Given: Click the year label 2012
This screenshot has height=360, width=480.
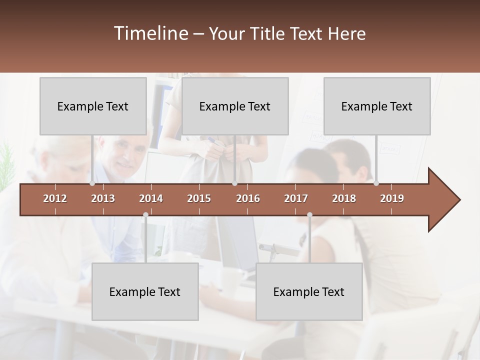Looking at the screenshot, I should [x=55, y=198].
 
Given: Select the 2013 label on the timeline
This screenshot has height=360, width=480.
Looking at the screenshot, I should [x=103, y=198].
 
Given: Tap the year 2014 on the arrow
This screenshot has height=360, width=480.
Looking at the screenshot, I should [x=151, y=198].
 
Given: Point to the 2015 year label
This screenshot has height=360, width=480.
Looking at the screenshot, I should [x=199, y=198].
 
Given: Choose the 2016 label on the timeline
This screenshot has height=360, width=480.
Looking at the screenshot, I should [x=248, y=198].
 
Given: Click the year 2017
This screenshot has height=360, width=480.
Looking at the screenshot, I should [x=296, y=198].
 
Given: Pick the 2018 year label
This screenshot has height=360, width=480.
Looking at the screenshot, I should [x=344, y=198].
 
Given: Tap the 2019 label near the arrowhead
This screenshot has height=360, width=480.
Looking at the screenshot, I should [x=392, y=198].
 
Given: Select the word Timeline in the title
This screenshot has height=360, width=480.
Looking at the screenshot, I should [x=150, y=33].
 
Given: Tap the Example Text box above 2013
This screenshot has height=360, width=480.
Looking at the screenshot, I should [x=93, y=106].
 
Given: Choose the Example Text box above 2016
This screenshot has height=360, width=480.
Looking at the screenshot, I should [x=235, y=106].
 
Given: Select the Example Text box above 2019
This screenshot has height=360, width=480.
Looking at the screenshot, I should [x=377, y=106].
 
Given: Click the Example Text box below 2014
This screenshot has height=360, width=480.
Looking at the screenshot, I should [x=145, y=291].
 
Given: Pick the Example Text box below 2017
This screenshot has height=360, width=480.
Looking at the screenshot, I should [x=309, y=291].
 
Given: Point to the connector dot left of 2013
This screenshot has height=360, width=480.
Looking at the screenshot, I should [x=92, y=183].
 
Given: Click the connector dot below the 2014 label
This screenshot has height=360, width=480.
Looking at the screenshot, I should [x=145, y=215].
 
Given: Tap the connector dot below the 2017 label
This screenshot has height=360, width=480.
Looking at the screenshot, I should [x=309, y=215].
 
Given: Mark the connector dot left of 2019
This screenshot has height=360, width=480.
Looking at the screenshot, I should [x=376, y=183].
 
